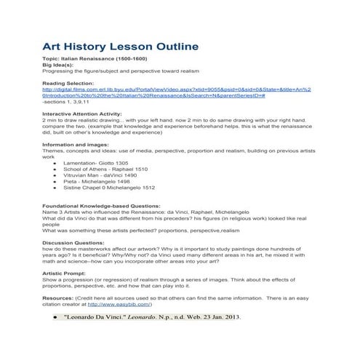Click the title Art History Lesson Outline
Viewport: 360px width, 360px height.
(120, 47)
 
